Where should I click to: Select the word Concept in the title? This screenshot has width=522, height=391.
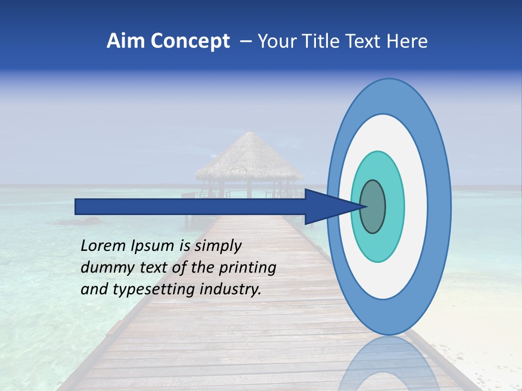[190, 41]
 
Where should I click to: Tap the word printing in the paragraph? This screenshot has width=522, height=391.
[247, 268]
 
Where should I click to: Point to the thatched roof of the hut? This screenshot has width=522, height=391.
[249, 157]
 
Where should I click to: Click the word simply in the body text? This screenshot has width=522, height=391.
[217, 247]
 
